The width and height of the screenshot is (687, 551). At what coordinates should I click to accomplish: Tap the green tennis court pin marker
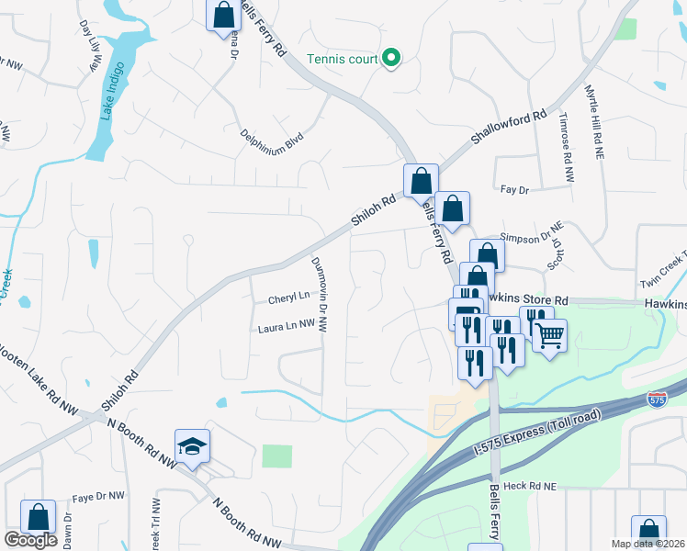(391, 59)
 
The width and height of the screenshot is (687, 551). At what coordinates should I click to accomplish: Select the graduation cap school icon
(193, 446)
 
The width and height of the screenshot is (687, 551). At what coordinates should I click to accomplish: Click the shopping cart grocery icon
(549, 335)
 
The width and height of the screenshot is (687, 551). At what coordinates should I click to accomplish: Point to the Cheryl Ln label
(287, 298)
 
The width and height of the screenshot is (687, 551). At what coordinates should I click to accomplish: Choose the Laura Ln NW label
(286, 326)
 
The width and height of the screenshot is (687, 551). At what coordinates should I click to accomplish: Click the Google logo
(30, 540)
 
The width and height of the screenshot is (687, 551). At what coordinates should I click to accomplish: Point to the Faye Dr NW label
(97, 496)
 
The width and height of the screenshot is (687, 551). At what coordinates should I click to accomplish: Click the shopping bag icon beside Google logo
(39, 517)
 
